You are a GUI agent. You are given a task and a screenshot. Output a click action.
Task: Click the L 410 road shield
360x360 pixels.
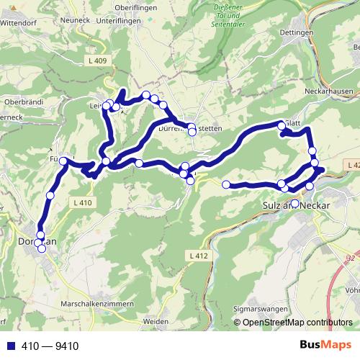83,204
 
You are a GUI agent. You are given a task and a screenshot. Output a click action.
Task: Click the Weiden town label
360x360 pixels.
156,321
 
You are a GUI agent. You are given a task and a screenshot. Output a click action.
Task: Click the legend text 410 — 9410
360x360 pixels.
50,346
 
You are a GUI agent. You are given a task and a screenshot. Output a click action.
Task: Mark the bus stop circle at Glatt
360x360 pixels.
282,126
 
